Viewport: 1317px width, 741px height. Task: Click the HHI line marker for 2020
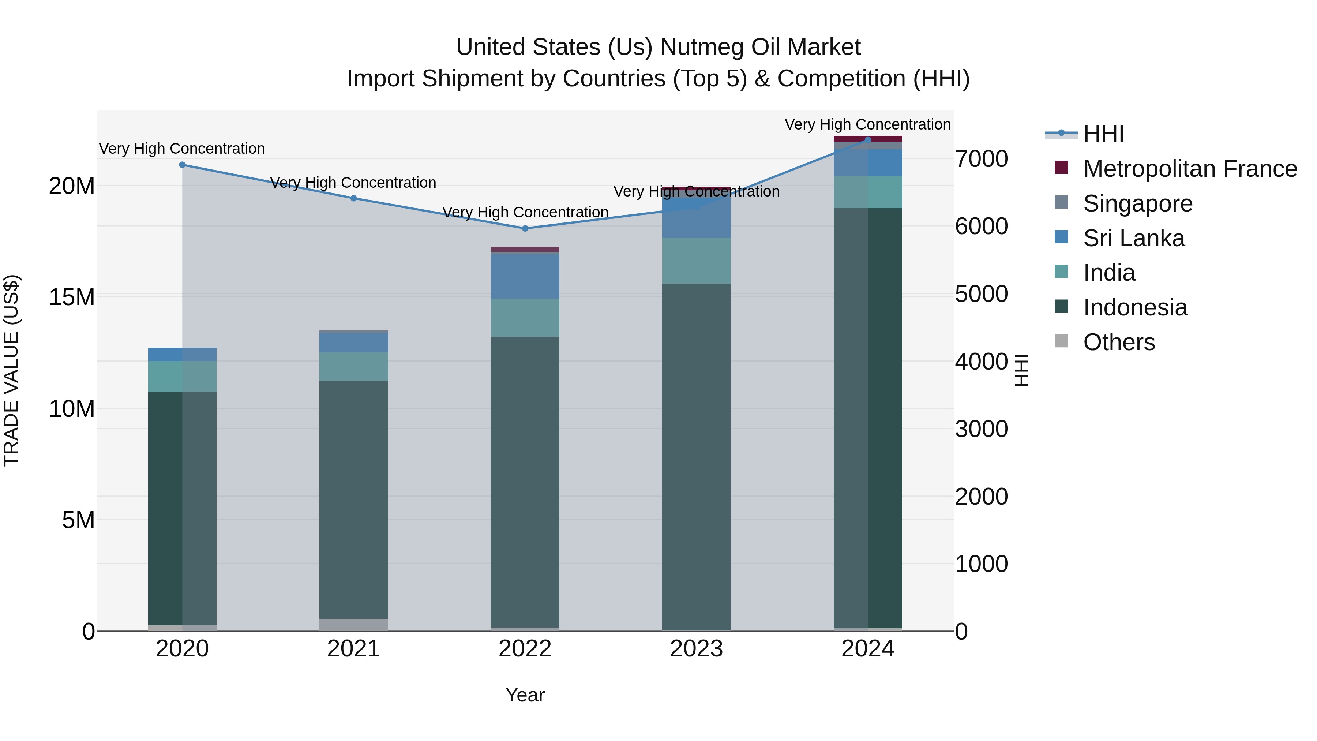pos(182,165)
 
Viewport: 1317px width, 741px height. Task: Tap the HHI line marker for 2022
pos(525,229)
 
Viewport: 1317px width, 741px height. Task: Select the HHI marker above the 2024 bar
pos(868,140)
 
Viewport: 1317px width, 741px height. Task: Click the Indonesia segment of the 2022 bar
pos(525,481)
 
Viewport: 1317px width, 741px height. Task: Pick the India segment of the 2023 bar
pos(696,261)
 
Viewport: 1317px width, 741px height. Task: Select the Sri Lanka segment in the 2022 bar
pos(525,276)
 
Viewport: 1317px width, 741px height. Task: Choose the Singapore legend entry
pos(1137,203)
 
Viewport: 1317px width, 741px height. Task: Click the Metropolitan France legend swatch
pos(1061,168)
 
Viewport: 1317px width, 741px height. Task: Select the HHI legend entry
pos(1103,134)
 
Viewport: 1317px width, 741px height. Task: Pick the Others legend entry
pos(1119,342)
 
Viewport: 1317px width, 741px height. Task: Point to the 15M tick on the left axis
pos(72,297)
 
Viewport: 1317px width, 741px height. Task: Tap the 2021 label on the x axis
pos(354,649)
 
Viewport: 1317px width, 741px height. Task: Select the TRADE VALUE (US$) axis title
pos(11,370)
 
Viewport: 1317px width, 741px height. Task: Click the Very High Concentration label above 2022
pos(525,212)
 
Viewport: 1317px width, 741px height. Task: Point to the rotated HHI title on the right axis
pos(1021,370)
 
